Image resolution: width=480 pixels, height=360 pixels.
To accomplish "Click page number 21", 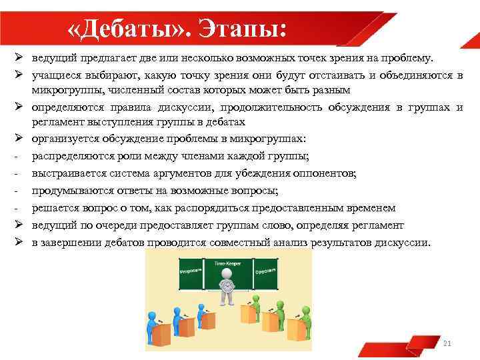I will (x=447, y=343).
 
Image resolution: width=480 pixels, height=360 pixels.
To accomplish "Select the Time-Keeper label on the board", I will (x=227, y=264).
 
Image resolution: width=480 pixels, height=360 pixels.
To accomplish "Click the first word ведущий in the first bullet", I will (x=53, y=58).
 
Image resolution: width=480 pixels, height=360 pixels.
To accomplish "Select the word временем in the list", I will (x=371, y=209).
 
